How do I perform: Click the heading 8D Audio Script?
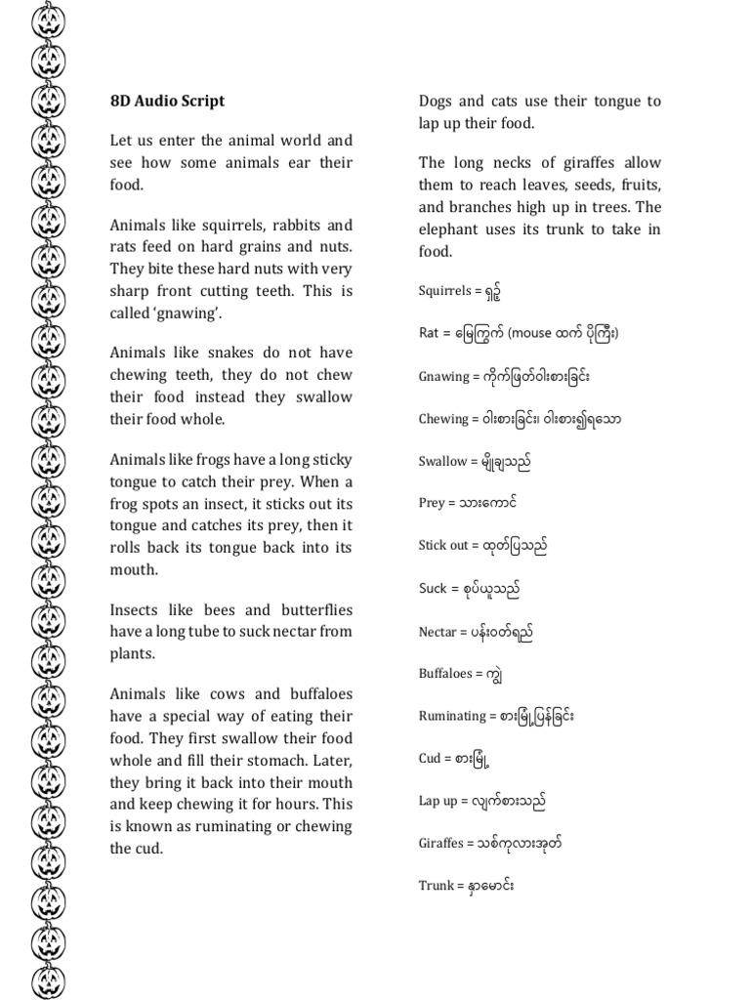pos(167,101)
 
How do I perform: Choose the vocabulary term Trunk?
pos(437,886)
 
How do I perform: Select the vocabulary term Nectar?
pos(437,633)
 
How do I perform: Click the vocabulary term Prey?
pos(432,504)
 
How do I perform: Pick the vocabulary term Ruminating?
pos(452,716)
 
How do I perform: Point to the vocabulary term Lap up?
pos(438,802)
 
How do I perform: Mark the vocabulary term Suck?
pos(433,589)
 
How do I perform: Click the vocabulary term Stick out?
pos(443,546)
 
